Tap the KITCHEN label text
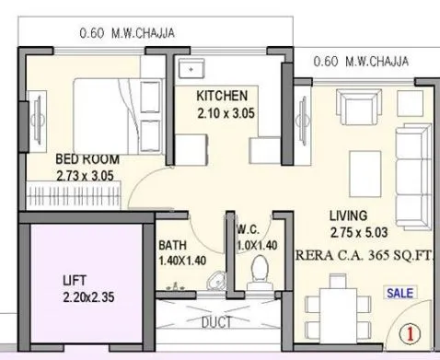click(222, 96)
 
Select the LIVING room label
click(351, 216)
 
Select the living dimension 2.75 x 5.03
click(353, 232)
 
